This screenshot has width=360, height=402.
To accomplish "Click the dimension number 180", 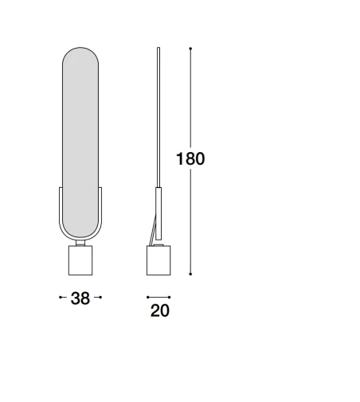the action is click(x=190, y=158).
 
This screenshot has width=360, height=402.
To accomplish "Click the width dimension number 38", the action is click(x=80, y=298).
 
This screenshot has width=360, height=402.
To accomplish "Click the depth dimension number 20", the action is click(x=160, y=310).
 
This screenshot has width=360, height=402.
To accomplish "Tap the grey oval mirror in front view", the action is click(x=80, y=142).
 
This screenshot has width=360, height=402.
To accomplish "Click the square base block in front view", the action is click(x=80, y=260).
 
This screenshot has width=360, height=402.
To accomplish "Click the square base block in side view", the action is click(x=158, y=260).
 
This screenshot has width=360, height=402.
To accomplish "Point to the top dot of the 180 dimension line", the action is click(x=190, y=49).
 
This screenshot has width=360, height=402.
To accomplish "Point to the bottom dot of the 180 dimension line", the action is click(x=190, y=274).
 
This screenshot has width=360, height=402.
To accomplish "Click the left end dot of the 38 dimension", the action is click(x=61, y=297).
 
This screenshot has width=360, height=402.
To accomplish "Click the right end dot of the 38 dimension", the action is click(x=100, y=297).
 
